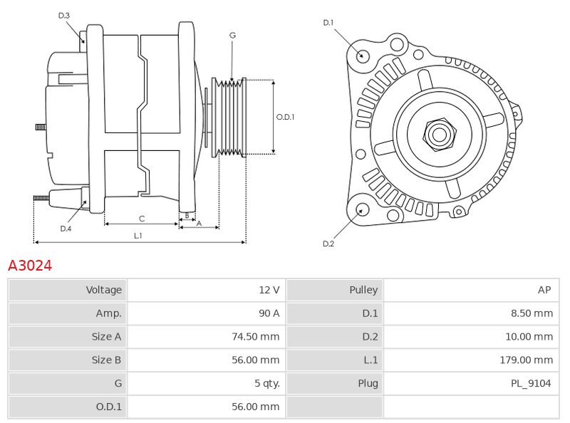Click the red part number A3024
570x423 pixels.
click(x=30, y=266)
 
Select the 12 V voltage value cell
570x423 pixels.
click(x=206, y=290)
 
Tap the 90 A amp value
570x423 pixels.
click(x=269, y=313)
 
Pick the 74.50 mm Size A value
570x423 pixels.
click(x=256, y=337)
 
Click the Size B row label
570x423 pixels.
click(x=106, y=360)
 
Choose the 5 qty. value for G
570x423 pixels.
click(x=266, y=383)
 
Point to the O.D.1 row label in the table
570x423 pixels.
click(x=109, y=407)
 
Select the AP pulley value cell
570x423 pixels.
click(x=471, y=290)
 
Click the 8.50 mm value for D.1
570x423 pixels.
click(x=532, y=313)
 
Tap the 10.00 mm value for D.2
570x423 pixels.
click(x=529, y=337)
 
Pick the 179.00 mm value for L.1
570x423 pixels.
click(x=527, y=360)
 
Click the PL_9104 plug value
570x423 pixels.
click(x=531, y=383)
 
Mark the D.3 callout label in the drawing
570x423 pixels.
click(x=63, y=16)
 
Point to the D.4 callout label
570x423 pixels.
click(x=66, y=229)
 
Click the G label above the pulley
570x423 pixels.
click(x=233, y=36)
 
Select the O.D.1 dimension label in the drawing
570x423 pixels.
click(x=286, y=117)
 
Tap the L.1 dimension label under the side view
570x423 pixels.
click(x=138, y=236)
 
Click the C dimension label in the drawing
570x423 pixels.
click(x=142, y=219)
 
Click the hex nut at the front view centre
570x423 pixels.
click(x=440, y=135)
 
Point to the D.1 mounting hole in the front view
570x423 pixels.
click(x=361, y=56)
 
